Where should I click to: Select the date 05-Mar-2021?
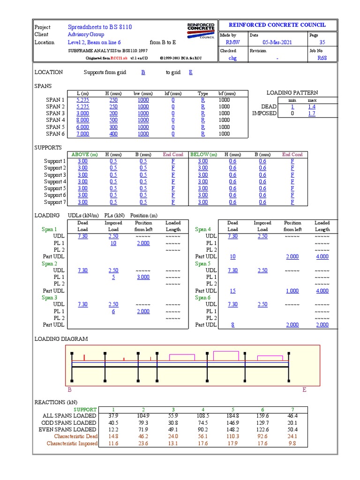coord(277,42)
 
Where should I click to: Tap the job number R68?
coord(322,58)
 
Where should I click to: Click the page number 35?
coord(322,42)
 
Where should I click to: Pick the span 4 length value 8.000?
coord(82,120)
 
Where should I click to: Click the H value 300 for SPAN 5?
coord(113,127)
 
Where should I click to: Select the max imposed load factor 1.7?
coord(312,113)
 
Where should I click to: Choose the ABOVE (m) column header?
coord(84,154)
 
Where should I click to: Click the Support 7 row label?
coord(55,202)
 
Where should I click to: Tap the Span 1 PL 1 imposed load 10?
coord(113,243)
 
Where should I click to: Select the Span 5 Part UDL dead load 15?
coord(232,291)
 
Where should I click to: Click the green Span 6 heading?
coord(202,298)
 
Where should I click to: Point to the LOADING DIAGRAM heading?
coord(61,339)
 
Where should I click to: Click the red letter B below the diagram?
coord(70,390)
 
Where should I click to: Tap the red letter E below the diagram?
coord(304,390)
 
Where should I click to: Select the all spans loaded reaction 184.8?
coord(232,416)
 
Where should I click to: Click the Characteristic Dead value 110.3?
coord(232,436)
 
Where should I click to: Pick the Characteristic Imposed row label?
coord(72,443)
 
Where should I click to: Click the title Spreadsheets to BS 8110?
coord(100,27)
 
